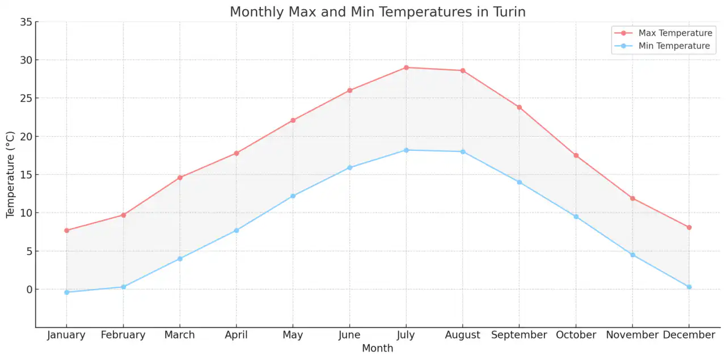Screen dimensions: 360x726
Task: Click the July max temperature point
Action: pos(406,67)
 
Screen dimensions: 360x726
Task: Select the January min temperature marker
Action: pos(66,292)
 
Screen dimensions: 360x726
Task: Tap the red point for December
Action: pos(689,227)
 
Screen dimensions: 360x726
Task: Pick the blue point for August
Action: pos(463,151)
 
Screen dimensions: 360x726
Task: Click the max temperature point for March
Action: pos(180,177)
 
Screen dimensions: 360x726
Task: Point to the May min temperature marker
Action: pos(293,196)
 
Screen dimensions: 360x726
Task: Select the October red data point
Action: pos(576,155)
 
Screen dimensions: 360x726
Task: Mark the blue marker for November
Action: pos(632,255)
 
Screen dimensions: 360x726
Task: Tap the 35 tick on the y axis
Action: pos(26,22)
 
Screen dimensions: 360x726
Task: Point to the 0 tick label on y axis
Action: pos(28,290)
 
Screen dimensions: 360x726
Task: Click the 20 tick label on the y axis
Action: pos(26,137)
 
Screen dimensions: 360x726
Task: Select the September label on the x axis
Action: pos(519,335)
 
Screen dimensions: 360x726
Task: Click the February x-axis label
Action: pos(123,335)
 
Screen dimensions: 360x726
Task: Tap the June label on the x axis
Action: pos(349,335)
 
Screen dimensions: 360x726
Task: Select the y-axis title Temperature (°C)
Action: pos(10,175)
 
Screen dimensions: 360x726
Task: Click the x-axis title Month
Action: pos(377,348)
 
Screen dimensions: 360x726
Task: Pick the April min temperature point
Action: pos(237,230)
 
